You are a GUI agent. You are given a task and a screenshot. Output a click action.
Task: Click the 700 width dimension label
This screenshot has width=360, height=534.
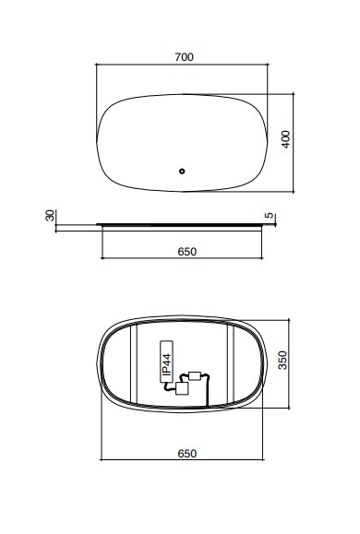click(x=184, y=57)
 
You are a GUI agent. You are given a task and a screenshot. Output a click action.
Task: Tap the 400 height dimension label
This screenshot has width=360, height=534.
click(x=286, y=139)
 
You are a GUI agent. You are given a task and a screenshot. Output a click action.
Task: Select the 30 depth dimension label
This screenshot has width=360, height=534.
click(x=50, y=215)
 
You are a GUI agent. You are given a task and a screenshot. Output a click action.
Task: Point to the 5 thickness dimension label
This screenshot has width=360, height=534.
click(x=270, y=215)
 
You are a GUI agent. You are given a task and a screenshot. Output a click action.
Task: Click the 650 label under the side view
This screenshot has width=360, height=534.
click(x=187, y=252)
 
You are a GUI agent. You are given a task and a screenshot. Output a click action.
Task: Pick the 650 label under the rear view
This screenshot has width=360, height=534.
click(x=187, y=454)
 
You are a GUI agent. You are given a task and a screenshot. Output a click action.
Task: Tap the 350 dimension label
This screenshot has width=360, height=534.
click(x=282, y=360)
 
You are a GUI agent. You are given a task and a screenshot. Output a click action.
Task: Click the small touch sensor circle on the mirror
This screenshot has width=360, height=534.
click(x=182, y=172)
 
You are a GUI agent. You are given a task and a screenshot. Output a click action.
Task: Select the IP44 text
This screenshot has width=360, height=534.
click(x=167, y=364)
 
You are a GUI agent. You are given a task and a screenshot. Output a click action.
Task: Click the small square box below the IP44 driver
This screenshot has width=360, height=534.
click(x=182, y=388)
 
